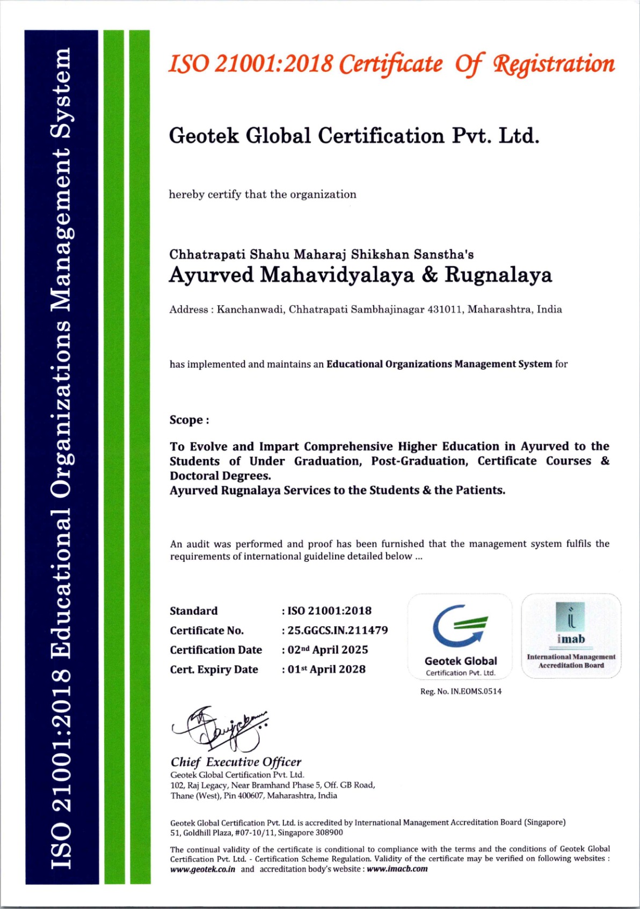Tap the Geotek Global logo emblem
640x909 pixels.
pyautogui.click(x=460, y=626)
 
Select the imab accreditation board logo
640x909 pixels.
pyautogui.click(x=571, y=623)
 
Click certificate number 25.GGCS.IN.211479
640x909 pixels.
pyautogui.click(x=338, y=631)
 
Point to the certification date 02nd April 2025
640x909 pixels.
pyautogui.click(x=328, y=650)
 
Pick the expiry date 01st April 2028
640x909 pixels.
pyautogui.click(x=326, y=670)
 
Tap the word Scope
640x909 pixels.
pyautogui.click(x=186, y=420)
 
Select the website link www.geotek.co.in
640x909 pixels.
pyautogui.click(x=202, y=869)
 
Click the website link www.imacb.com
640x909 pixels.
pyautogui.click(x=397, y=869)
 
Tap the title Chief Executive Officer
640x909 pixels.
pyautogui.click(x=236, y=762)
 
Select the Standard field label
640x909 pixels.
pyautogui.click(x=194, y=611)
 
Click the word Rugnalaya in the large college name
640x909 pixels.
pyautogui.click(x=498, y=275)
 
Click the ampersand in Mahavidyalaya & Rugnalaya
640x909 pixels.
pyautogui.click(x=430, y=275)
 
